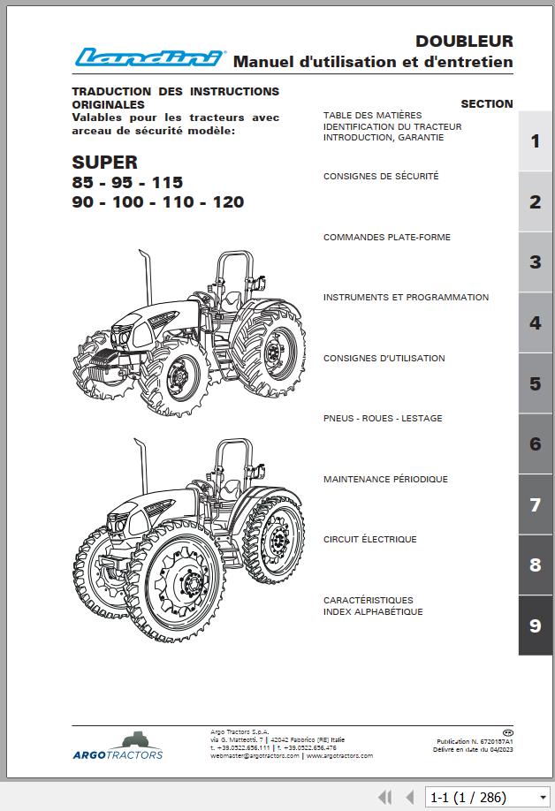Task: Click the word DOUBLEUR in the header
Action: (464, 41)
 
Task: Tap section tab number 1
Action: (535, 141)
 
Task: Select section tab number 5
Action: (535, 383)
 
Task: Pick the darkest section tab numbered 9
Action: (535, 625)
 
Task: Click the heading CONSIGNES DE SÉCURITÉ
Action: (381, 177)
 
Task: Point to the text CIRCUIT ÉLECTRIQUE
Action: (369, 540)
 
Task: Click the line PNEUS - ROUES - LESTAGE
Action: (383, 419)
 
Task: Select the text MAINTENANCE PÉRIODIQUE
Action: (385, 479)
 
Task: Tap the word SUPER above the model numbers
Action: (104, 163)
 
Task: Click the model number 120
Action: (228, 201)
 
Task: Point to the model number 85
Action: (83, 182)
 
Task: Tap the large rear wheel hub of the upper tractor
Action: (272, 352)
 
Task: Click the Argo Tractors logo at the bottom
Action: (118, 747)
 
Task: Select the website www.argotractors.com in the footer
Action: (339, 755)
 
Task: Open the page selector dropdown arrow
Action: (542, 797)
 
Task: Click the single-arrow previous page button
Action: (410, 797)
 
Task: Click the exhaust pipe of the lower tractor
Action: (141, 466)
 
